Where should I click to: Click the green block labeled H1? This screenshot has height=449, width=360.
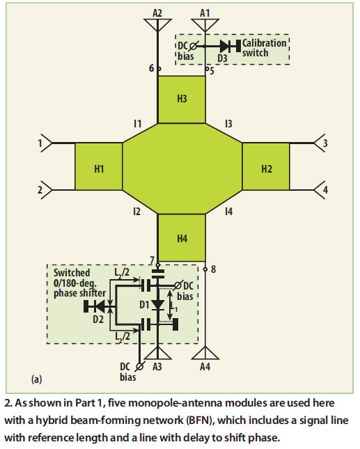click(98, 167)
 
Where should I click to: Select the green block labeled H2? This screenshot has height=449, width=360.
click(266, 167)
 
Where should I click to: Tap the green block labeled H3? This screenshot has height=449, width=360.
click(182, 99)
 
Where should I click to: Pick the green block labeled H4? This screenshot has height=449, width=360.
click(182, 238)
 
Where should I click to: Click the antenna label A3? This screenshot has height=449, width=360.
click(158, 366)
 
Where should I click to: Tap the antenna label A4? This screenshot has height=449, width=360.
click(205, 366)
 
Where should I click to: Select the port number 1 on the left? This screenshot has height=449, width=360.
click(40, 143)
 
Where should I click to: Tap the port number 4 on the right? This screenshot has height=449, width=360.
click(324, 189)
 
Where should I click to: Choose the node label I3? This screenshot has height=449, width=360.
click(228, 124)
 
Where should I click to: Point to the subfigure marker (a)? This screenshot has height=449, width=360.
click(38, 379)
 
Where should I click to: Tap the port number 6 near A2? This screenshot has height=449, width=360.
click(150, 68)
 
